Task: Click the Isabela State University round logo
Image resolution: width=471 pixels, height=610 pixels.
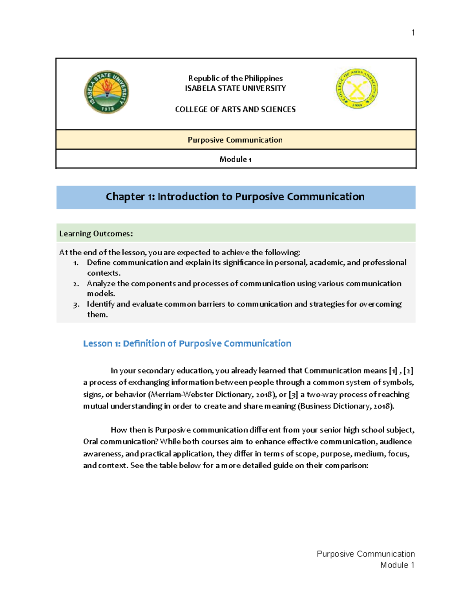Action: tap(107, 92)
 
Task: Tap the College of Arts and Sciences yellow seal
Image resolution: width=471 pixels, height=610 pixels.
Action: tap(357, 88)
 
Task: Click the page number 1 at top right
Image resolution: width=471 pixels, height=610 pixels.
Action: tap(413, 33)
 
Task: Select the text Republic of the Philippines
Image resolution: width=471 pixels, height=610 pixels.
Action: tap(235, 78)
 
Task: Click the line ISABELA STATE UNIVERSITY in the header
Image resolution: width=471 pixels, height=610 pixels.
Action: tap(235, 88)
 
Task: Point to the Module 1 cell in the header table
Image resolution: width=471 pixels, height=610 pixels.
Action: tap(235, 159)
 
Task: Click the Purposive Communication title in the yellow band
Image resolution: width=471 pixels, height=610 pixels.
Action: tap(235, 140)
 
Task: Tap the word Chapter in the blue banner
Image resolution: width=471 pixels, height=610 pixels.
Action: tap(125, 197)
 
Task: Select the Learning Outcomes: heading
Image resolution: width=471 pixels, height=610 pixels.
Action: tap(96, 234)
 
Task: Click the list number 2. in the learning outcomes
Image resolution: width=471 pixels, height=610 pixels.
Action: tap(76, 284)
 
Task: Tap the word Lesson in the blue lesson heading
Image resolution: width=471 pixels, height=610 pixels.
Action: tap(98, 344)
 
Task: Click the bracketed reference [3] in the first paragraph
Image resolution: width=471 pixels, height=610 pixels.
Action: tap(293, 394)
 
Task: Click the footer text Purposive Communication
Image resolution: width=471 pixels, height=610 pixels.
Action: tap(365, 554)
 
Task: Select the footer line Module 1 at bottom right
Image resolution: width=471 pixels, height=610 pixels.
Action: tap(397, 565)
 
